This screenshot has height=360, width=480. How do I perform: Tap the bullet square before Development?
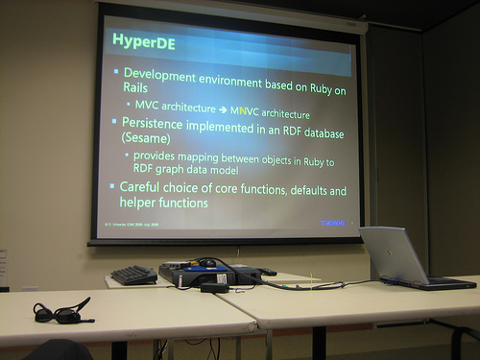tap(115, 72)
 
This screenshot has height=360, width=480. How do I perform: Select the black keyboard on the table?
tap(133, 276)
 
